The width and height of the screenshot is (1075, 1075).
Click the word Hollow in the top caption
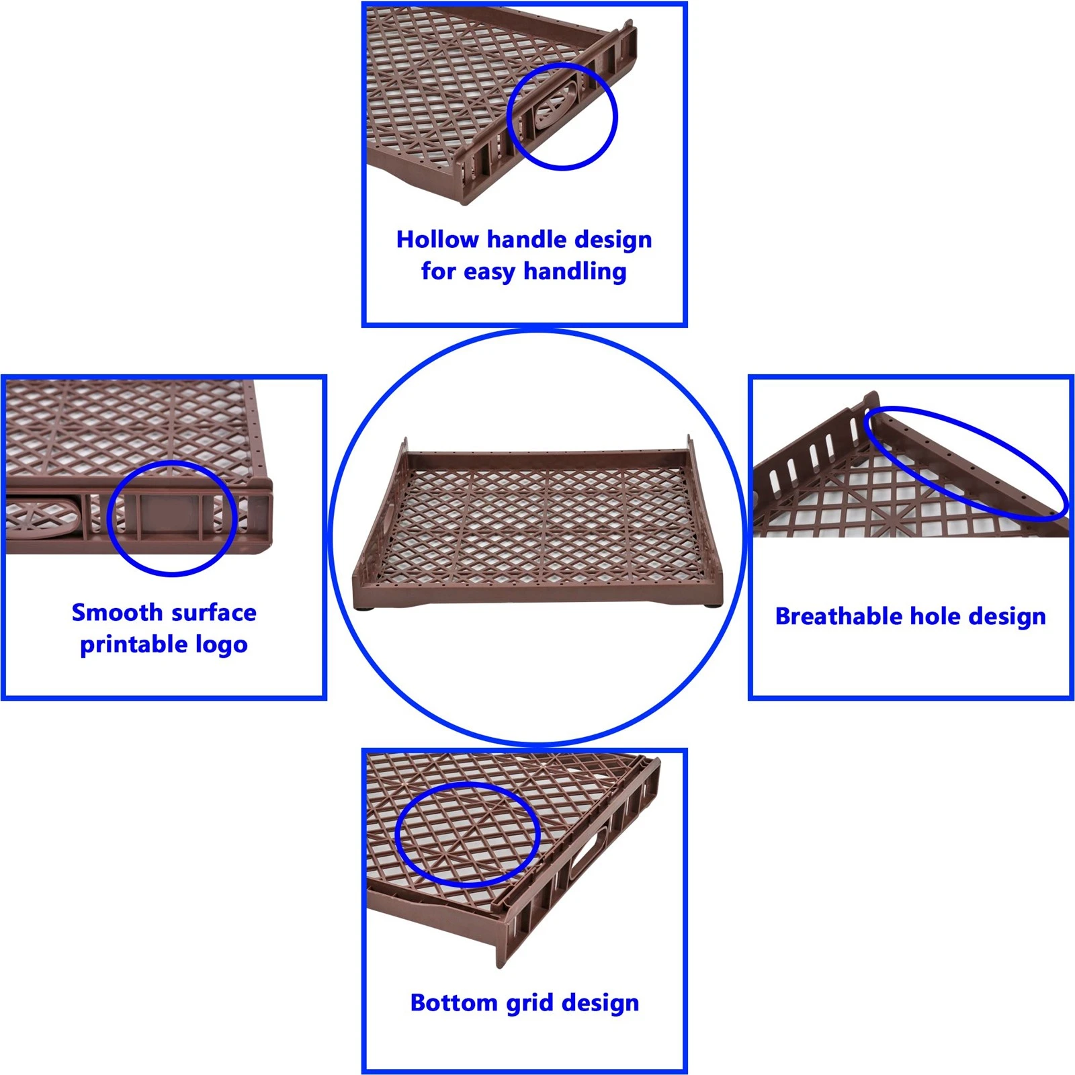[437, 239]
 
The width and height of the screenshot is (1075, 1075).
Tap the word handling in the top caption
[574, 272]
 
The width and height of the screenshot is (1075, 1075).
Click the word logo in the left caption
[221, 645]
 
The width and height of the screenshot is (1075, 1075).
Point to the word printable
[134, 645]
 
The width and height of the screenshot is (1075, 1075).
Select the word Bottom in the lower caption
[454, 1002]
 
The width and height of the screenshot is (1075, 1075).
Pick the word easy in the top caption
[490, 272]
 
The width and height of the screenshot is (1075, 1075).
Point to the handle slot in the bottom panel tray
[590, 853]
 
